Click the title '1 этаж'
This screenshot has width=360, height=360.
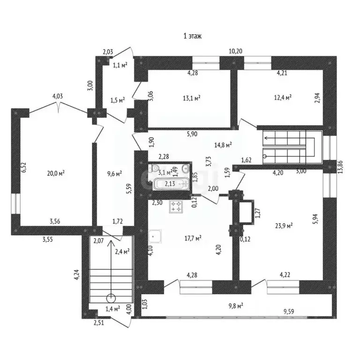[192, 36]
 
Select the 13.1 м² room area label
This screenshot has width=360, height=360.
[192, 98]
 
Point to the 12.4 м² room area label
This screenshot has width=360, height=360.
[283, 97]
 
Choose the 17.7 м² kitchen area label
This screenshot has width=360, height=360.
[192, 238]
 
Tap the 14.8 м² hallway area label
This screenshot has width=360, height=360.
[223, 145]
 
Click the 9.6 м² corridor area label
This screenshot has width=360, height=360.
[114, 173]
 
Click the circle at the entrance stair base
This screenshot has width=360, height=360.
[111, 297]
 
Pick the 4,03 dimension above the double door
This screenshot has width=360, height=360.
[58, 97]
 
